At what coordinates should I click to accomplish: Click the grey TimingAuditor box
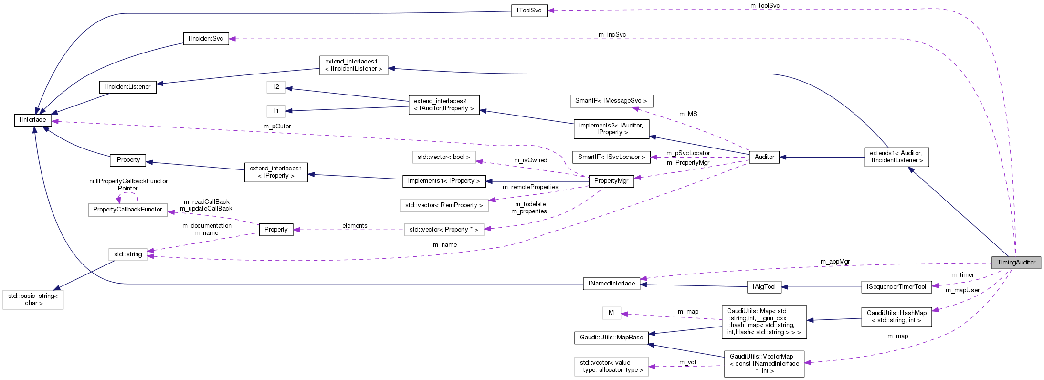pos(1016,263)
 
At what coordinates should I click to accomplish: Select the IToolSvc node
pos(529,11)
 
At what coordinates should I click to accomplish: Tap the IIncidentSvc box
pos(206,39)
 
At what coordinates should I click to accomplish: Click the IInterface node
pos(33,120)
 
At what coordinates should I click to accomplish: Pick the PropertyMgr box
pos(611,181)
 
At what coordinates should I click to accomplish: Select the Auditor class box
pos(764,157)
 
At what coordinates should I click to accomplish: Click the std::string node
pos(128,254)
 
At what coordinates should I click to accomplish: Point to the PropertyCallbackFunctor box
pos(127,210)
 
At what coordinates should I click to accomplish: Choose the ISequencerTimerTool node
pos(896,287)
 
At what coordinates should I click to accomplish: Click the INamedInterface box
pos(612,284)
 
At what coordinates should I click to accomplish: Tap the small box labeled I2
pos(276,87)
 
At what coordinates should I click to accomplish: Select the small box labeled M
pos(611,313)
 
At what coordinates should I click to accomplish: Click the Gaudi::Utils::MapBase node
pos(611,338)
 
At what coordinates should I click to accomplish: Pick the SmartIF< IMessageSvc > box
pos(611,101)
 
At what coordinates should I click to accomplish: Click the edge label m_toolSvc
pos(765,6)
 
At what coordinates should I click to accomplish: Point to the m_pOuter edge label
pos(277,127)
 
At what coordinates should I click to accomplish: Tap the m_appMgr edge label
pos(835,262)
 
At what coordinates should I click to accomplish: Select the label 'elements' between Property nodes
pos(355,226)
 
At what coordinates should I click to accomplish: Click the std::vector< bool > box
pos(443,157)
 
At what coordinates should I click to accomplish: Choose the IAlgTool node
pos(764,287)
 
